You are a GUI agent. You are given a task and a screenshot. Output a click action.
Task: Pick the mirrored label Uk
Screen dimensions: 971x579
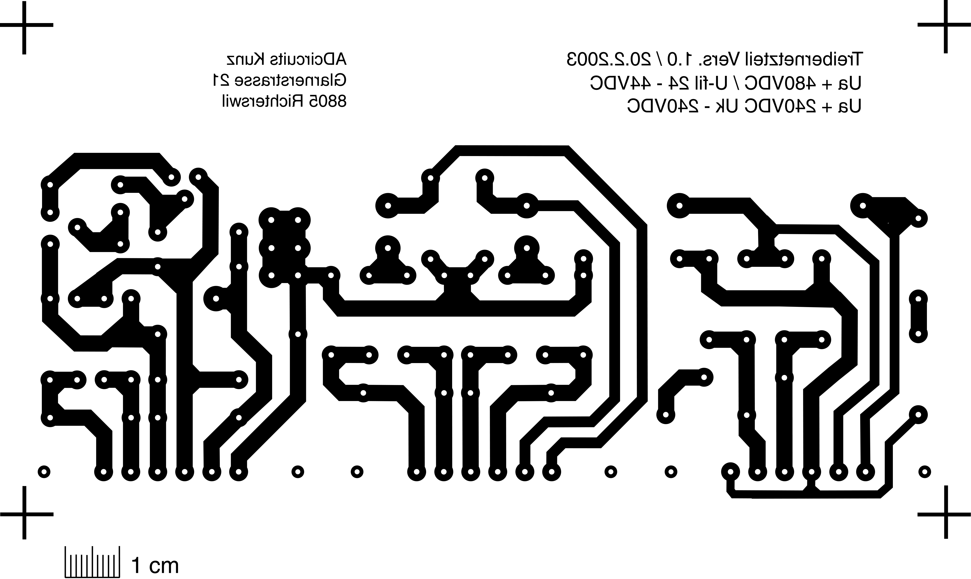click(725, 106)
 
